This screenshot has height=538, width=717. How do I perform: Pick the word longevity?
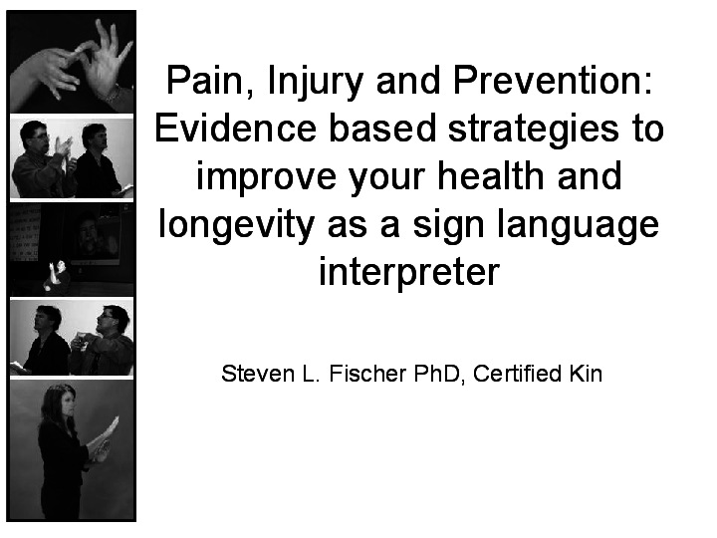point(235,224)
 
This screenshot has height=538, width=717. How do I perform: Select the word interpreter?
point(408,271)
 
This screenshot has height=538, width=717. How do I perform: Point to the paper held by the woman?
point(103,434)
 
